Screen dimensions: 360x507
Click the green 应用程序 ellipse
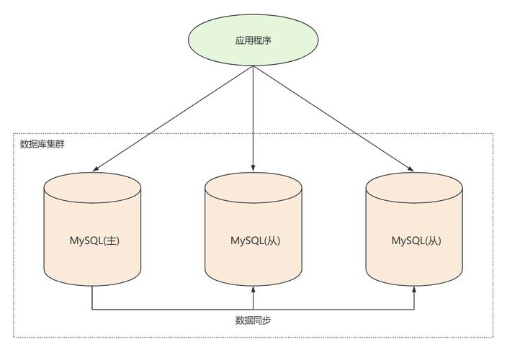(253, 40)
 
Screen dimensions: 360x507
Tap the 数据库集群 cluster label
(42, 144)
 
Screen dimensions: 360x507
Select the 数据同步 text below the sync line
(253, 320)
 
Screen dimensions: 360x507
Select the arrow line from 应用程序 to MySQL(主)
(173, 119)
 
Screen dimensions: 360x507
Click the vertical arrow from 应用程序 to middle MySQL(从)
(253, 115)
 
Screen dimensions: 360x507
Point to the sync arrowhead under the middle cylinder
(253, 289)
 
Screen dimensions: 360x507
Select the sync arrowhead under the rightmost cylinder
(414, 289)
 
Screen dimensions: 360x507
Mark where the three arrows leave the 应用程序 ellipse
(253, 67)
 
